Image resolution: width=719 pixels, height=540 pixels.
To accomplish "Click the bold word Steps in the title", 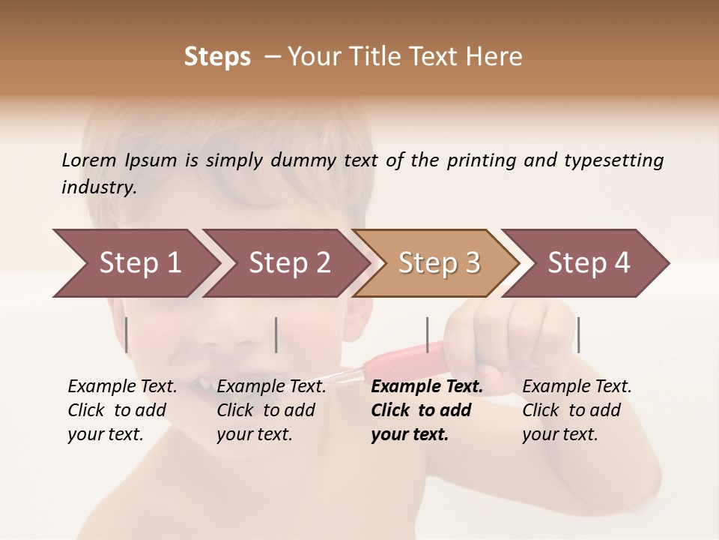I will point(217,57).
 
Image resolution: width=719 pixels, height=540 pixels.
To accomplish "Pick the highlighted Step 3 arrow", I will point(439,263).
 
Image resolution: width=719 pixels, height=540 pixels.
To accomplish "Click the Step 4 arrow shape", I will point(589,263).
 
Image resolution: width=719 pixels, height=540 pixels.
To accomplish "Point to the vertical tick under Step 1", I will point(127,334).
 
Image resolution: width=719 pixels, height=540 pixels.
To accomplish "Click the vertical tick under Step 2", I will point(276,334).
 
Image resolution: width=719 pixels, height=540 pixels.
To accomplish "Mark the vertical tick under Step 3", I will point(427,334).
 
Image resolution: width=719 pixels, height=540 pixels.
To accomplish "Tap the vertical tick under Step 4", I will point(578,334).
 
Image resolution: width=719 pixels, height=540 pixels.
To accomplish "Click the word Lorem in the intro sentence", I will point(89,160).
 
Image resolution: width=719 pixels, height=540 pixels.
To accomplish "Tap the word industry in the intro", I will point(98,187).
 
